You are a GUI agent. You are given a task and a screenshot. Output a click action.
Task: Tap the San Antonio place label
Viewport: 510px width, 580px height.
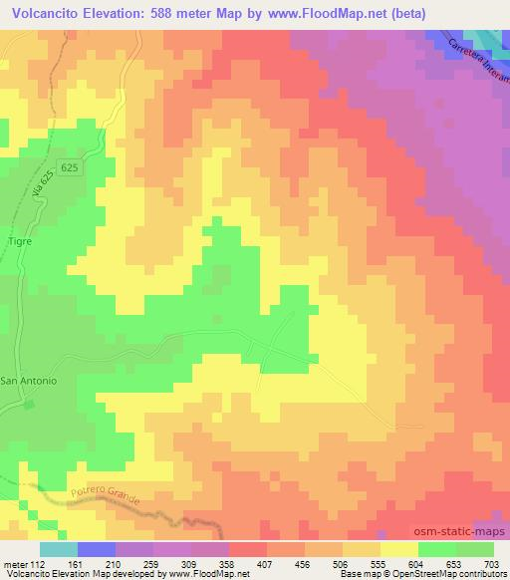29,381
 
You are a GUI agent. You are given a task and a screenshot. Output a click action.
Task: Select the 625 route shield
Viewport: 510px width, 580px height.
68,167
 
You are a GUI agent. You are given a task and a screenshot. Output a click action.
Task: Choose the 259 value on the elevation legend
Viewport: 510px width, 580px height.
151,564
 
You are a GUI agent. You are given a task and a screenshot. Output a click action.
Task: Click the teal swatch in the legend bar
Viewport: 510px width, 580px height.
59,550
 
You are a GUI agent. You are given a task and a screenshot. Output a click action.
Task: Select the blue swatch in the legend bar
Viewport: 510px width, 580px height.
97,550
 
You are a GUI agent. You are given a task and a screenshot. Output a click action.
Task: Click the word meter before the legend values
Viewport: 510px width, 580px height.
15,564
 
